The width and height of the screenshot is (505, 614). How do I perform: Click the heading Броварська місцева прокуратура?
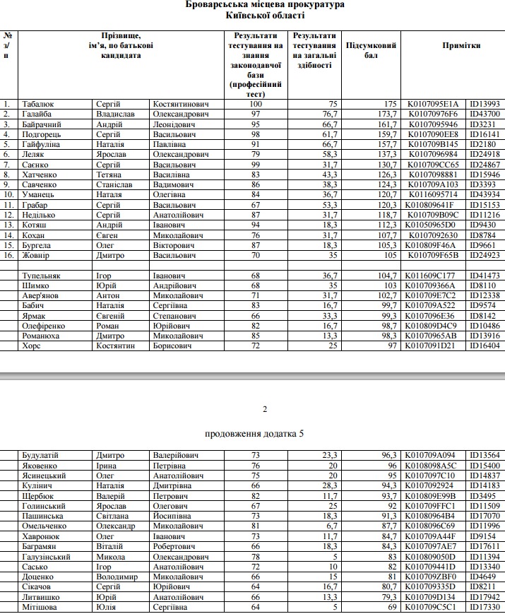[266, 5]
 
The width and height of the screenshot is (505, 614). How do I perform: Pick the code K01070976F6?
[432, 114]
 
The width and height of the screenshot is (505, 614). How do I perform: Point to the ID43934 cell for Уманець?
[485, 194]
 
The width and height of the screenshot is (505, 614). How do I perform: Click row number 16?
[8, 255]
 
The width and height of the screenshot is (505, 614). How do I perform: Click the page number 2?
[265, 409]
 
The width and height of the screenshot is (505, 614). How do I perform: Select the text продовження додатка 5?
[254, 433]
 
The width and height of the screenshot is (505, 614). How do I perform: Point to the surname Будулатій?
[44, 456]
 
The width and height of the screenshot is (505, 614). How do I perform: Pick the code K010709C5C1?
[433, 607]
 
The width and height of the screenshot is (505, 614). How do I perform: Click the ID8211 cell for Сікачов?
[482, 586]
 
